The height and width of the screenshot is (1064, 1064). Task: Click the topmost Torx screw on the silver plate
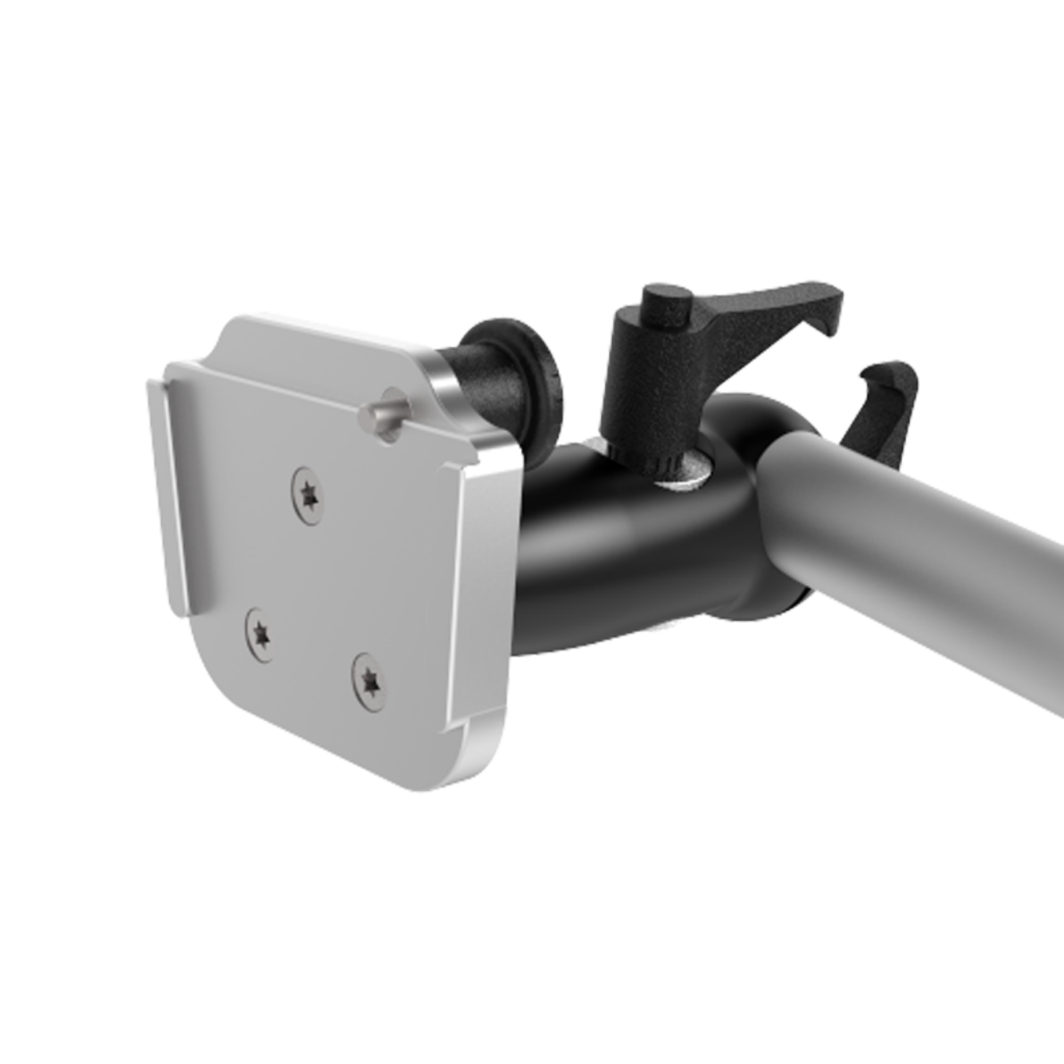tap(308, 496)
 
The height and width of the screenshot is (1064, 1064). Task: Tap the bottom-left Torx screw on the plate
tap(259, 635)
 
